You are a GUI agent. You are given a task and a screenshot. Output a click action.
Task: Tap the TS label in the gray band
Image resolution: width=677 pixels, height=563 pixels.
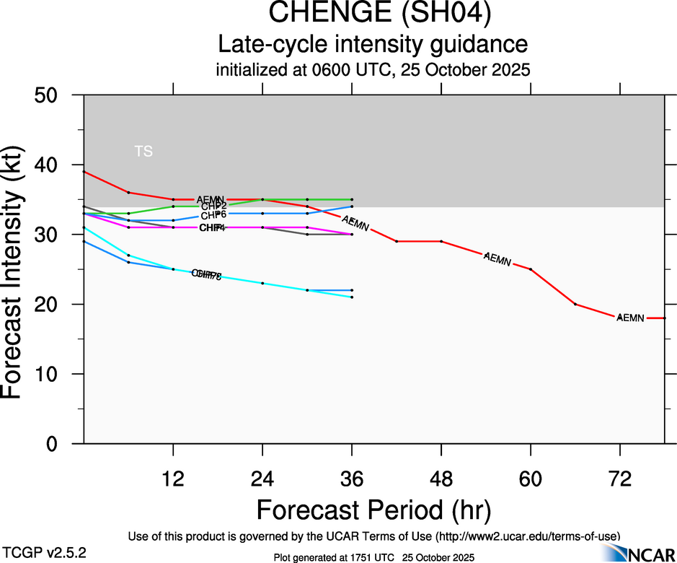pyautogui.click(x=143, y=152)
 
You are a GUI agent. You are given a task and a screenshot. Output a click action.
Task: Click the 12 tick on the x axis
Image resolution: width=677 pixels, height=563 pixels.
pyautogui.click(x=173, y=479)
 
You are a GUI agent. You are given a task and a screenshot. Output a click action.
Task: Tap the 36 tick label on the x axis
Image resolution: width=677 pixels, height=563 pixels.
pyautogui.click(x=352, y=479)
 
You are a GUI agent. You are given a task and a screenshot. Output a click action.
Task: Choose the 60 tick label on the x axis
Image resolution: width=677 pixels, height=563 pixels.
pyautogui.click(x=531, y=479)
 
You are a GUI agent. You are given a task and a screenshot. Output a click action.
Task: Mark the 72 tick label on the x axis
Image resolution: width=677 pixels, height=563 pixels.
pyautogui.click(x=620, y=479)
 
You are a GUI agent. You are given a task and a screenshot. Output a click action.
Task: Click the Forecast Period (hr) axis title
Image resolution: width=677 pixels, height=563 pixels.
pyautogui.click(x=373, y=510)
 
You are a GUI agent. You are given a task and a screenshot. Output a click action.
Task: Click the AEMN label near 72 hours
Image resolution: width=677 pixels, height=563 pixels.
pyautogui.click(x=630, y=318)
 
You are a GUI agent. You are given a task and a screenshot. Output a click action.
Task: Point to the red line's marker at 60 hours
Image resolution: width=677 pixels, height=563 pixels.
pyautogui.click(x=531, y=269)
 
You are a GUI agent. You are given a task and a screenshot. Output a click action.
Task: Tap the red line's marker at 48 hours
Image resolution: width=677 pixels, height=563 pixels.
pyautogui.click(x=441, y=241)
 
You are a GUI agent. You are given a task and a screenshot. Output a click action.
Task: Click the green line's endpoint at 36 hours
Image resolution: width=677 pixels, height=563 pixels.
pyautogui.click(x=352, y=199)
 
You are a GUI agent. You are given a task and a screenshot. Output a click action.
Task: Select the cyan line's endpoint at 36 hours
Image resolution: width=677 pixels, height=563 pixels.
pyautogui.click(x=352, y=297)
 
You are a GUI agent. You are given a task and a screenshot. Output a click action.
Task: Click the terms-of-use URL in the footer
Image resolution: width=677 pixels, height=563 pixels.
pyautogui.click(x=527, y=536)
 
